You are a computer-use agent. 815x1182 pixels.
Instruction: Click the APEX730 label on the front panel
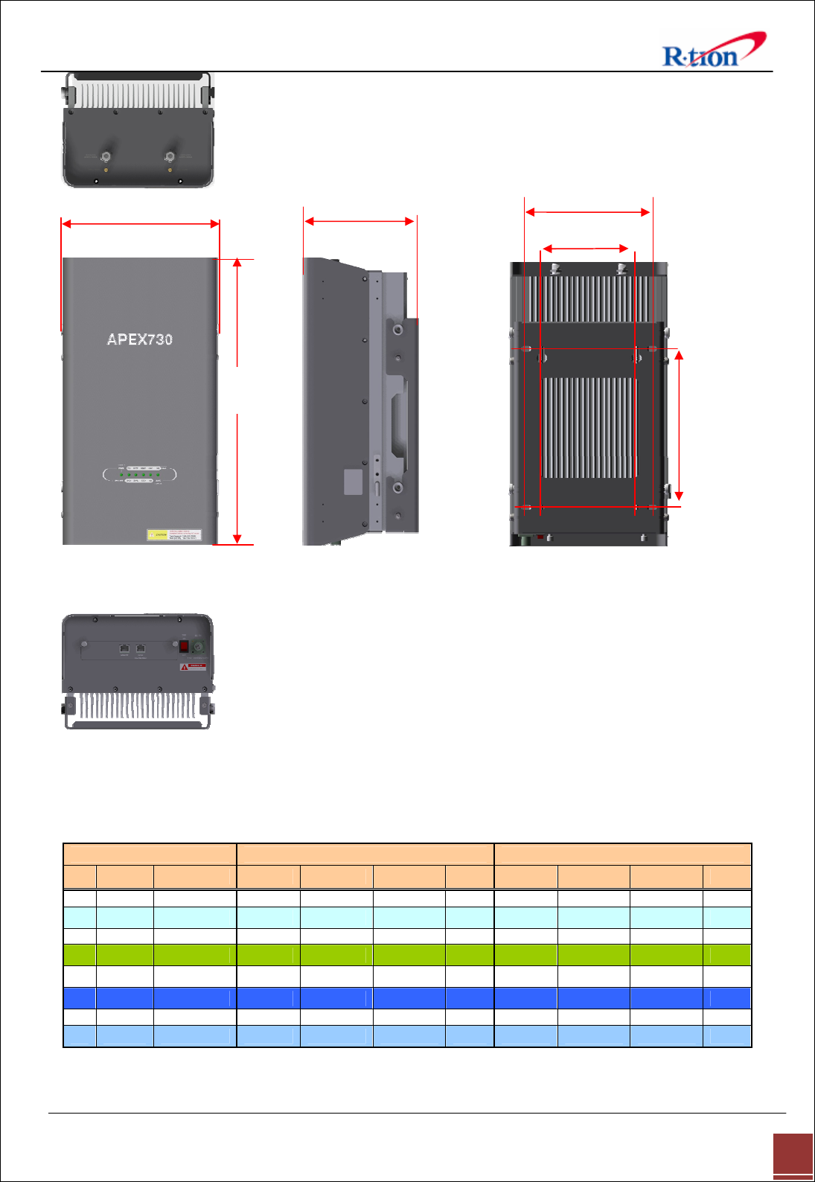point(140,339)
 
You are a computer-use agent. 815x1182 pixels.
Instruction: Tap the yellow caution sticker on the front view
point(174,534)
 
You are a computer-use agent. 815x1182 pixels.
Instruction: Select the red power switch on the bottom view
point(184,645)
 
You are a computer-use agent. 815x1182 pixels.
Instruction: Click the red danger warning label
point(193,666)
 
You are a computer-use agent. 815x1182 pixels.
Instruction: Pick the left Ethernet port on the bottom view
point(124,649)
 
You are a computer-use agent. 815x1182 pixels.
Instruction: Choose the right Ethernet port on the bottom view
point(141,649)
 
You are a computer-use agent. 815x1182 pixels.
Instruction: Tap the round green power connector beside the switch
point(198,646)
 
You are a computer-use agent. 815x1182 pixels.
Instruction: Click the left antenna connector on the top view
point(106,157)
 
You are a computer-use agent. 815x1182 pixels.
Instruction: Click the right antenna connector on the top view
point(170,157)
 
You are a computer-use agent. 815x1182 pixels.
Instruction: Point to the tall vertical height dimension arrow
point(237,402)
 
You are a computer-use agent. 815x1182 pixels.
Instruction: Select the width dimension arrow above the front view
point(140,223)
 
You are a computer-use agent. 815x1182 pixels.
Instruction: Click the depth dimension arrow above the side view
point(359,221)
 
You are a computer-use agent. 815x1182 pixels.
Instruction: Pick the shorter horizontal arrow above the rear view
point(586,248)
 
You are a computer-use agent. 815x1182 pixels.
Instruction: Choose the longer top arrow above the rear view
point(587,212)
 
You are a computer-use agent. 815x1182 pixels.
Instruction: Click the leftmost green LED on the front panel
point(121,474)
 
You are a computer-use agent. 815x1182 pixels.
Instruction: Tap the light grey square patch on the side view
point(353,482)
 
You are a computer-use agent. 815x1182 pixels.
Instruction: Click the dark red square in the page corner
point(793,1154)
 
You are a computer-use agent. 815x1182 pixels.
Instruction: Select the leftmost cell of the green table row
point(80,955)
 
